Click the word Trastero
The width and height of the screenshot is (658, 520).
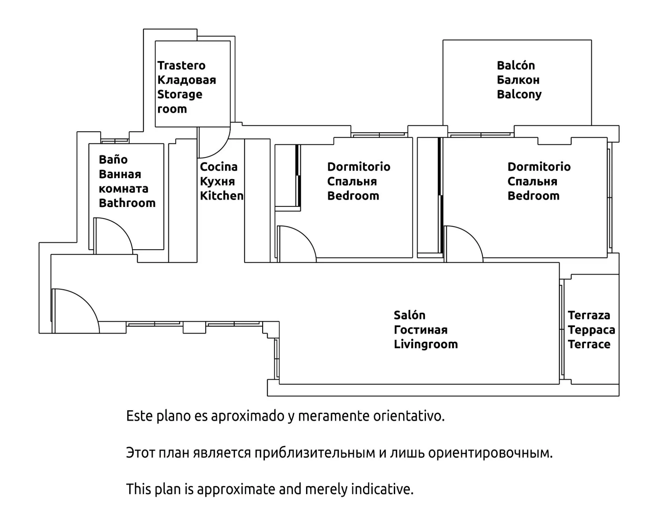pos(181,65)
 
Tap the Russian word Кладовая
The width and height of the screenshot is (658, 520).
pos(186,80)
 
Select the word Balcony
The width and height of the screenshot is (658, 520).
pos(519,94)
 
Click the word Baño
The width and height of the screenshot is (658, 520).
pos(113,160)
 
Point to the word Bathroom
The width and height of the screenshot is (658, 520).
pos(127,203)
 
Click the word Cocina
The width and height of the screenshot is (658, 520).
pos(219,167)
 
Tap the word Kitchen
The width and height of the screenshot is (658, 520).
pos(222,196)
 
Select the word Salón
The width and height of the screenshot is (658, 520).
pos(409,315)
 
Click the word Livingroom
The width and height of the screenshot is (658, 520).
pos(426,344)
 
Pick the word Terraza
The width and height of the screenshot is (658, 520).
pos(589,315)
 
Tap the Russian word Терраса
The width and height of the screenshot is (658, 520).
pos(591,330)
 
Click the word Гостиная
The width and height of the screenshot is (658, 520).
pos(421,330)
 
